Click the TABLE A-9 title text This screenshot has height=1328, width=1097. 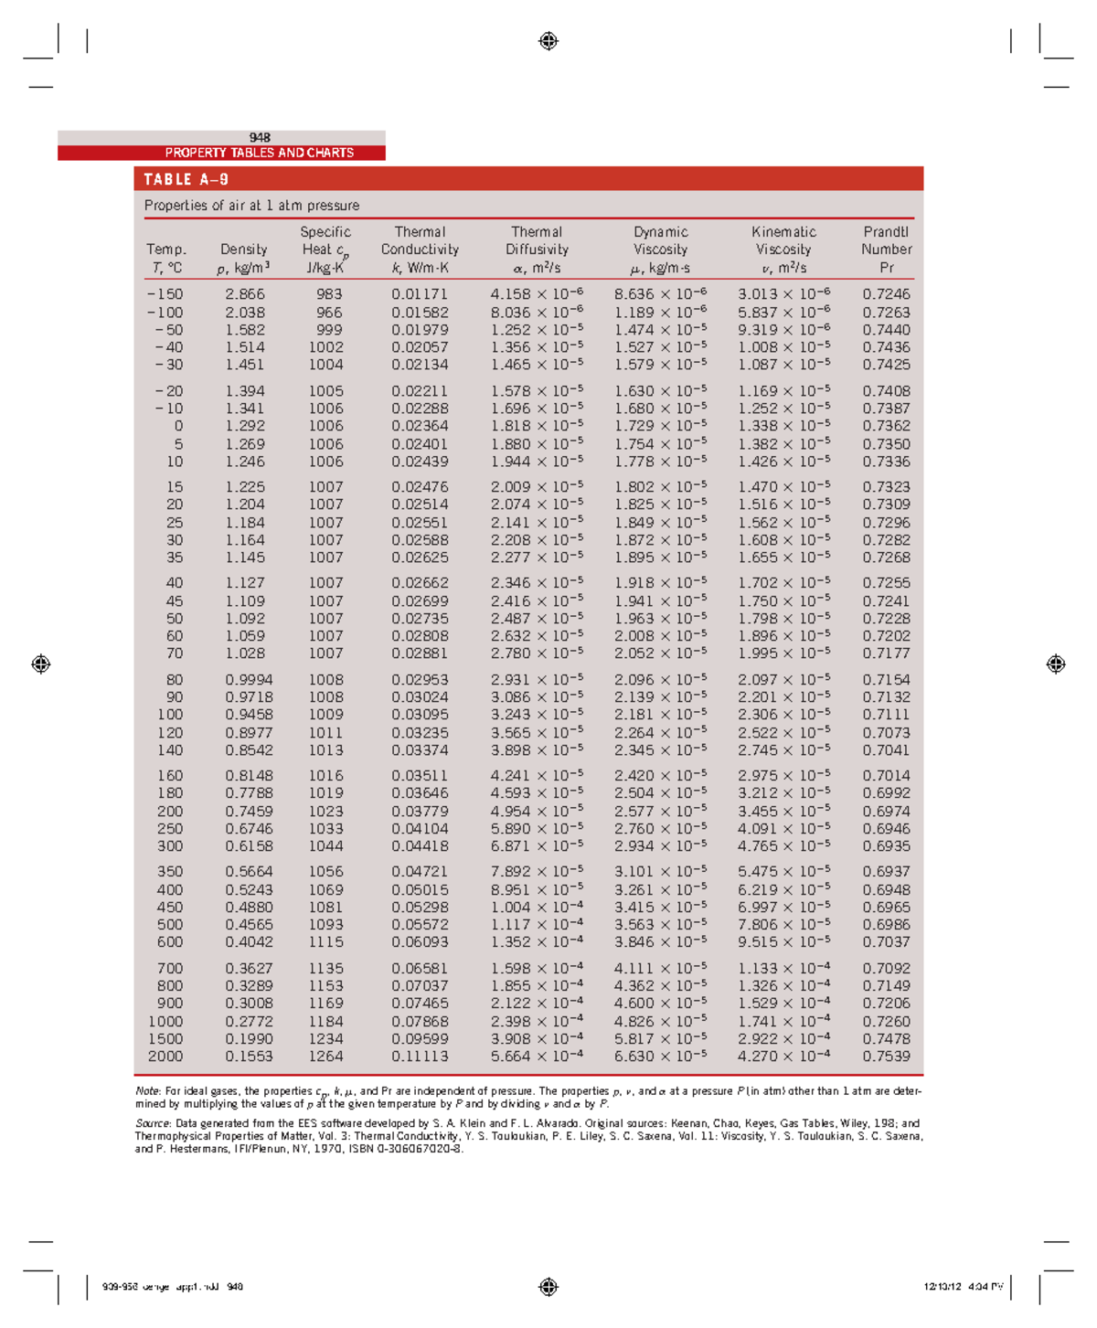pyautogui.click(x=186, y=179)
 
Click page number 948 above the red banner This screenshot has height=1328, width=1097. pyautogui.click(x=260, y=138)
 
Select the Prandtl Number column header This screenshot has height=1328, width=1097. pyautogui.click(x=886, y=250)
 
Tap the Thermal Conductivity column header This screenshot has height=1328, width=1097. pyautogui.click(x=420, y=250)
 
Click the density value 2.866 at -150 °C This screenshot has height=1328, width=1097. pyautogui.click(x=245, y=294)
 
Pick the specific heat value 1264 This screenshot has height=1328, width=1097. pyautogui.click(x=325, y=1057)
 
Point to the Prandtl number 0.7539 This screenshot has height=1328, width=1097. pyautogui.click(x=886, y=1057)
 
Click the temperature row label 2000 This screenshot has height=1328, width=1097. pyautogui.click(x=165, y=1057)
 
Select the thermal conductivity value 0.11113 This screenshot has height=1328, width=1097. pyautogui.click(x=420, y=1057)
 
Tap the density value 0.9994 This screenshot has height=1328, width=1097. pyautogui.click(x=248, y=680)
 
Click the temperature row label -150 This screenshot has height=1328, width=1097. pyautogui.click(x=165, y=294)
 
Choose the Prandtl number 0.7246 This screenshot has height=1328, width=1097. pyautogui.click(x=886, y=294)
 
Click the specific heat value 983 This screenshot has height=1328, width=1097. pyautogui.click(x=329, y=294)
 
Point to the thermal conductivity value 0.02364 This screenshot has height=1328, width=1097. pyautogui.click(x=420, y=426)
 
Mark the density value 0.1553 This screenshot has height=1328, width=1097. pyautogui.click(x=250, y=1057)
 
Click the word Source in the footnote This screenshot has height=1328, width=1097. pyautogui.click(x=153, y=1123)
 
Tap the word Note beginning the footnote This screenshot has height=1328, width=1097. pyautogui.click(x=147, y=1090)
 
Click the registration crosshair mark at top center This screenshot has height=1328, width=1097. pyautogui.click(x=548, y=41)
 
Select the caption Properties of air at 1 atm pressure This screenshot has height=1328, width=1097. pyautogui.click(x=251, y=206)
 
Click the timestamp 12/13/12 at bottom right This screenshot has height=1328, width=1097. pyautogui.click(x=942, y=1287)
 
